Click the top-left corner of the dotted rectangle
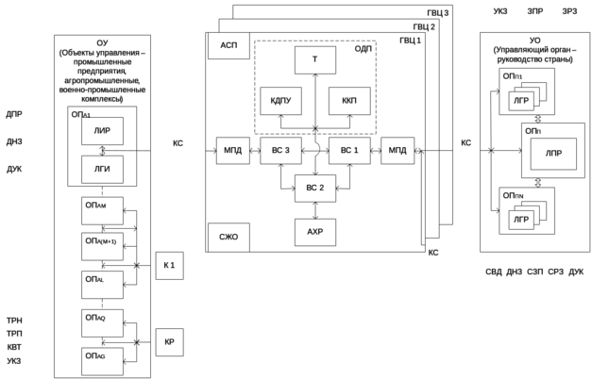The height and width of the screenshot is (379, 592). (254, 41)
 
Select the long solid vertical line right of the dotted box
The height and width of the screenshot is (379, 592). (490, 119)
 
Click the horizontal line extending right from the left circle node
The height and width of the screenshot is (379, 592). (127, 150)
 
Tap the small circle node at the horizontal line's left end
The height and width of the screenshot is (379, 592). (103, 150)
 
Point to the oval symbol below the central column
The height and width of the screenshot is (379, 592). (315, 230)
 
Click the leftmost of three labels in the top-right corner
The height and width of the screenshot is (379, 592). (500, 11)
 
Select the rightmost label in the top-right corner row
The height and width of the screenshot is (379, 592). (570, 11)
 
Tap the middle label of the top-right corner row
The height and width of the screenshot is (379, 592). (535, 11)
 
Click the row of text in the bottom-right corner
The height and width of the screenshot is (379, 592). (535, 272)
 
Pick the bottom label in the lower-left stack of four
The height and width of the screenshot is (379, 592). (14, 360)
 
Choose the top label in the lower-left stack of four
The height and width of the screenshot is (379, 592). (14, 321)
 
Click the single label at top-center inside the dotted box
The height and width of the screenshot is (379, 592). (315, 58)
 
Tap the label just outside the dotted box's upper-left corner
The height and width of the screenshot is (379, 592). (229, 45)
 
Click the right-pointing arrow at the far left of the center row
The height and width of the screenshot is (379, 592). (211, 150)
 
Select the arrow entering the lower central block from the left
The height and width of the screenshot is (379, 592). (287, 188)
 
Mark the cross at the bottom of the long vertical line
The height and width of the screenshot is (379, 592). (490, 150)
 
